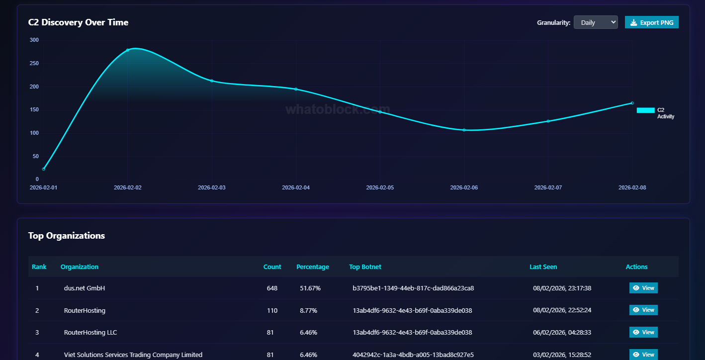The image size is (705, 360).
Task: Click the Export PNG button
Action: click(651, 22)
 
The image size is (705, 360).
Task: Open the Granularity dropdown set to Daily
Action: click(595, 22)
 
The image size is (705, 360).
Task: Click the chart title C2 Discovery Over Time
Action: click(78, 22)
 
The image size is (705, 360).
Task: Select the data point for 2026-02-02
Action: click(128, 50)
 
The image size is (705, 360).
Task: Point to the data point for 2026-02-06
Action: click(464, 130)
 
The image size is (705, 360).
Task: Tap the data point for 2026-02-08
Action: click(632, 103)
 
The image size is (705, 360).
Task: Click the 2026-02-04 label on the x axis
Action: click(296, 187)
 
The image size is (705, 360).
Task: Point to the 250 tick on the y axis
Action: click(34, 63)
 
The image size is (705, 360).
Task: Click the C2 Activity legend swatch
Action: click(645, 110)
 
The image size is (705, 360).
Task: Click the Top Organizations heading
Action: click(66, 236)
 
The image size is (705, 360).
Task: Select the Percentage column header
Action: click(312, 267)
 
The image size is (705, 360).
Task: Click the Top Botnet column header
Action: click(365, 267)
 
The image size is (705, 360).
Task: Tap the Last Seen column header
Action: click(543, 267)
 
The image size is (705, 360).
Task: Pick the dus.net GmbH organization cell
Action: click(85, 288)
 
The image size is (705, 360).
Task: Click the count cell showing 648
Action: click(272, 288)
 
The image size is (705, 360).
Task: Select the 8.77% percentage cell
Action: click(308, 311)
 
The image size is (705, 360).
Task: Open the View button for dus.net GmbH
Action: click(643, 288)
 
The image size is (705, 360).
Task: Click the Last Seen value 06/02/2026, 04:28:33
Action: click(562, 333)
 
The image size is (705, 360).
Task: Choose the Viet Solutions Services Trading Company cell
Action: click(133, 355)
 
